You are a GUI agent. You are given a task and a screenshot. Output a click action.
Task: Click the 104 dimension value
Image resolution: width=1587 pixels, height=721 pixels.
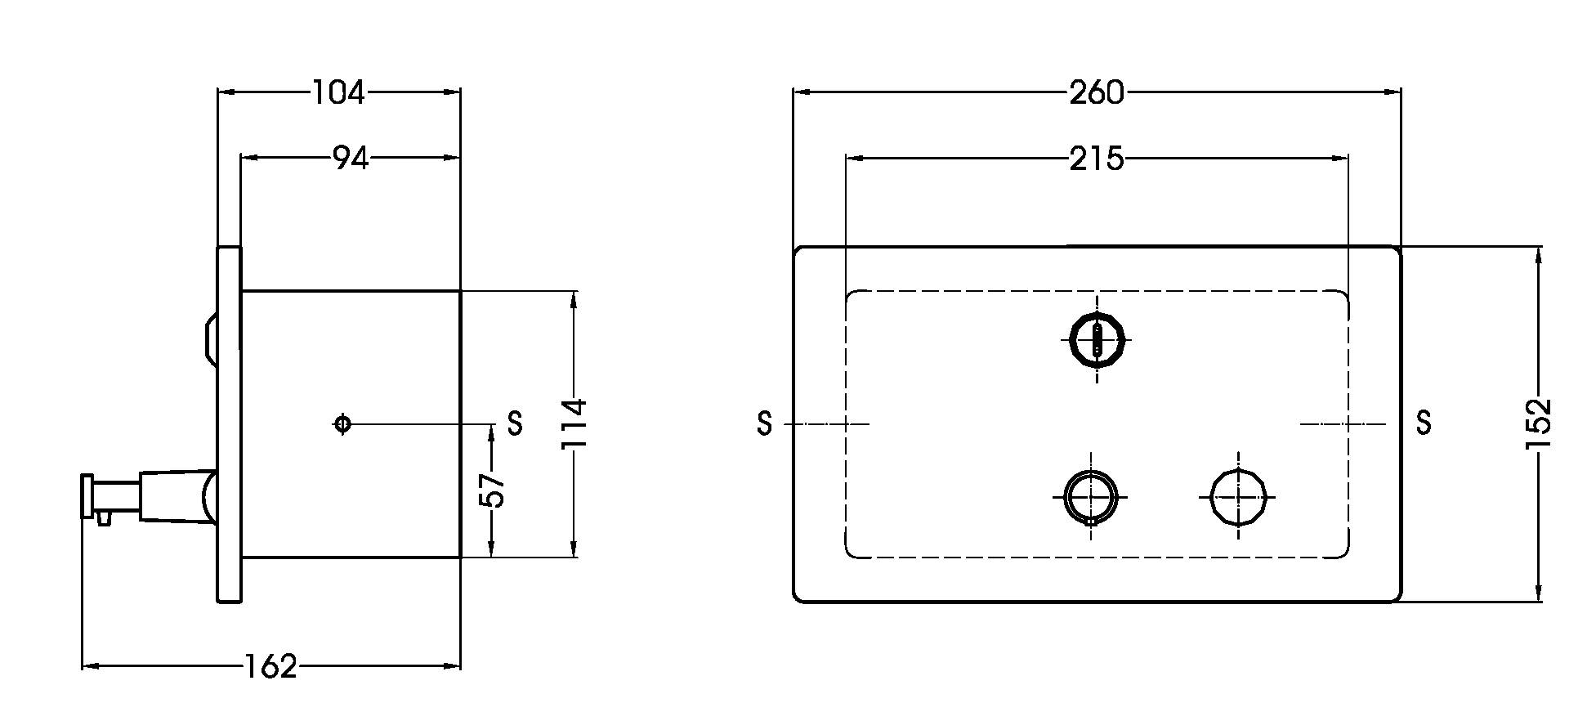338,93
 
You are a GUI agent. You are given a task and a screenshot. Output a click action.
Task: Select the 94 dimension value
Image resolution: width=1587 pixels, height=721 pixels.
351,159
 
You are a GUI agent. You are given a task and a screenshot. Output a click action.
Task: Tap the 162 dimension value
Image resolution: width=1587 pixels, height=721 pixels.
270,667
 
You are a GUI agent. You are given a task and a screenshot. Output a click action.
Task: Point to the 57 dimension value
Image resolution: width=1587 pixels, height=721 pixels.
493,490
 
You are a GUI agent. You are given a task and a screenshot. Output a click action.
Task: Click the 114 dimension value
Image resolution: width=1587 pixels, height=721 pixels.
574,423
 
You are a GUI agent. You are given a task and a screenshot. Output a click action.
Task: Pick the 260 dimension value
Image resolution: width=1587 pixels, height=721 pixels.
1097,93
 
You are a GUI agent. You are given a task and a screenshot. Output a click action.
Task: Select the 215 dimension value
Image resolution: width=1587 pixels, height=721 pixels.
1097,159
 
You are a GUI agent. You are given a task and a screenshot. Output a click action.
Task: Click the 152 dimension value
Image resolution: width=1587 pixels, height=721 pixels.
1538,423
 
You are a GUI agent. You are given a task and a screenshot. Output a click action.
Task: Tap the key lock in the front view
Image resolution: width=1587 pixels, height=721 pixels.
1097,338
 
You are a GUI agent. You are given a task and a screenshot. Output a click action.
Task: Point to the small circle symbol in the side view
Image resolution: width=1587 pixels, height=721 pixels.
342,423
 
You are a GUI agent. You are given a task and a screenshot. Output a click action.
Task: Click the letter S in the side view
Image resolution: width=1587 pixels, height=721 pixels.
515,423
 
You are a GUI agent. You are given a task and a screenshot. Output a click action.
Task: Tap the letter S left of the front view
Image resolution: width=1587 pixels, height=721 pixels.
764,423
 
